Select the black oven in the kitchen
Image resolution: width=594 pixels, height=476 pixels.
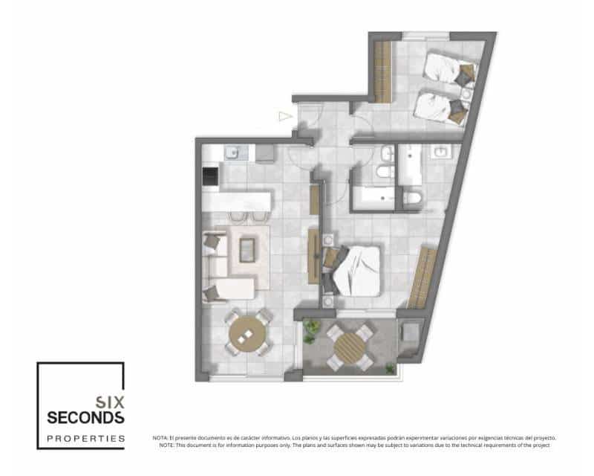(211, 176)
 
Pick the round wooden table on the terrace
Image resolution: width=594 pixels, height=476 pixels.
(347, 346)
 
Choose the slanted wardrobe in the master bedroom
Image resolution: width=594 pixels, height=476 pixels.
(422, 278)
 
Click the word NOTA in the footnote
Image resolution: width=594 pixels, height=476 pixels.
(160, 438)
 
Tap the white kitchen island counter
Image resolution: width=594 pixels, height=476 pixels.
(238, 200)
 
